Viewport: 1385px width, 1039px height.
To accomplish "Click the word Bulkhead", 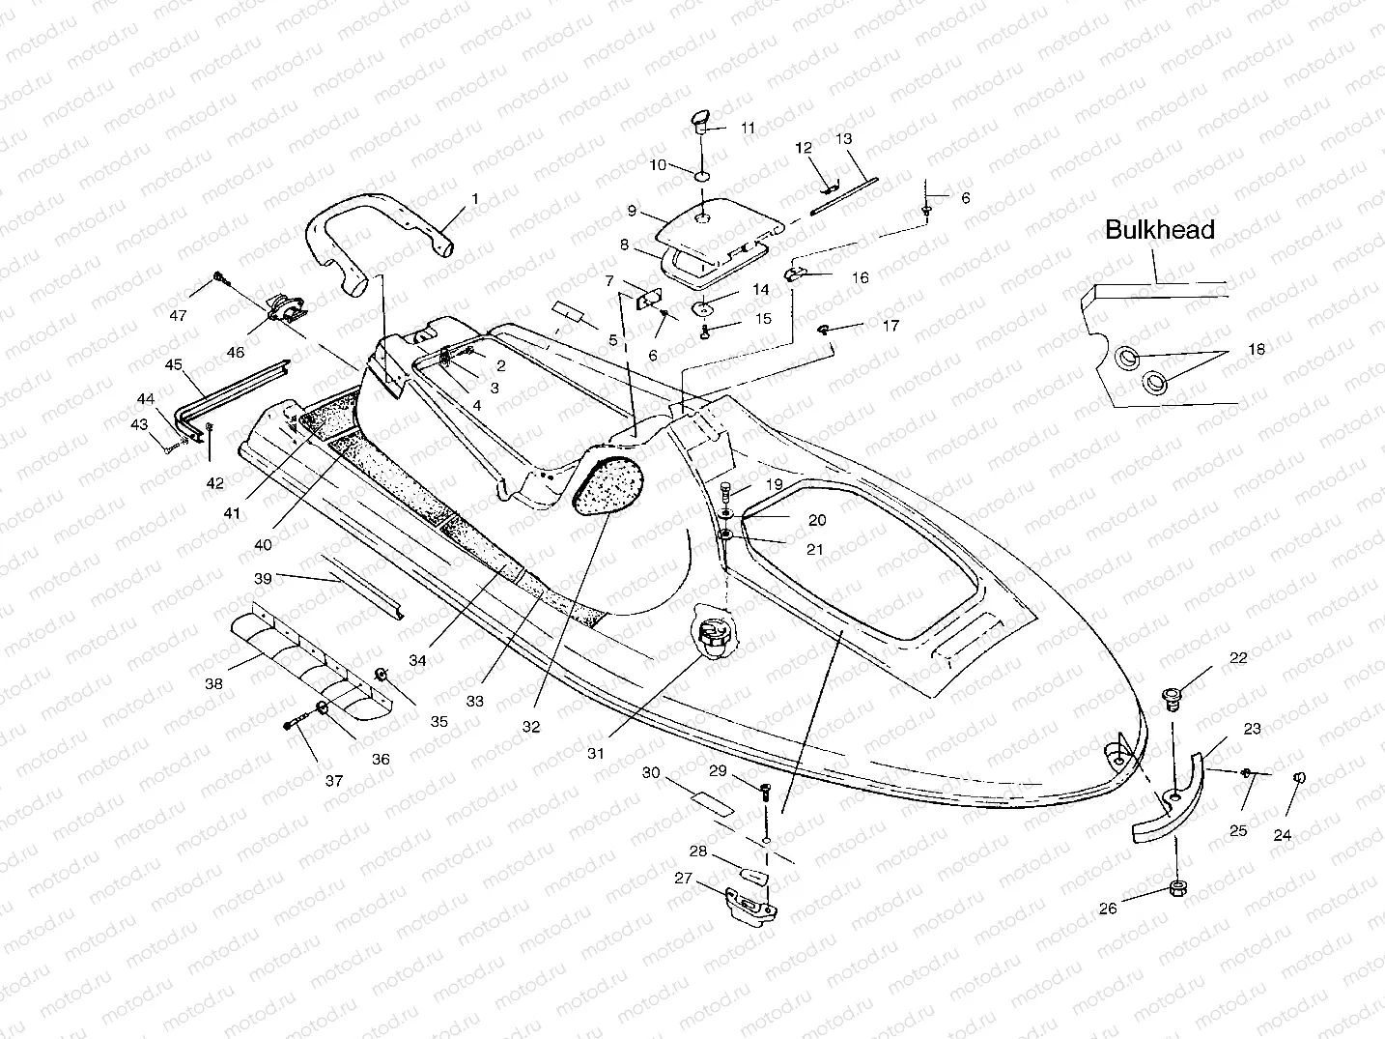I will click(x=1159, y=230).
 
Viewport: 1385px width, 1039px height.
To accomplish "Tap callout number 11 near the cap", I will click(x=749, y=128).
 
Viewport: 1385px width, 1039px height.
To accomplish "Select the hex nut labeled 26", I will click(x=1176, y=888).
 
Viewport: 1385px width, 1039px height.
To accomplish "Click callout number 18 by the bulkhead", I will click(x=1256, y=350).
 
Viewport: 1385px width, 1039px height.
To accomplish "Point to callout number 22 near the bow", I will click(x=1238, y=658).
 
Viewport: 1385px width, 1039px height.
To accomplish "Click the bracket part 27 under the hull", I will click(x=744, y=902).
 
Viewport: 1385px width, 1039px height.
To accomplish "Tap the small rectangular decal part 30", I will click(x=710, y=802).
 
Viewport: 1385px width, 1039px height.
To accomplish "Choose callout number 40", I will click(x=263, y=545).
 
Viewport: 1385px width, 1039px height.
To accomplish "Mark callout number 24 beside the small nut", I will click(x=1282, y=835).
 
